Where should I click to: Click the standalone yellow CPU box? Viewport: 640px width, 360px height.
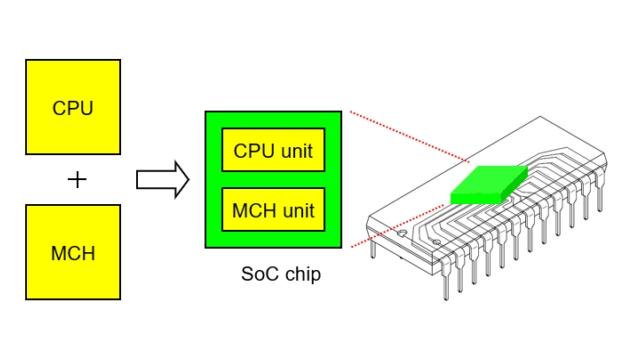coord(72,107)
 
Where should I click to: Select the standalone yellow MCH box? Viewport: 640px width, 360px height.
coord(72,252)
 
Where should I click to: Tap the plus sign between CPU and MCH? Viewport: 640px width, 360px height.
coord(76,180)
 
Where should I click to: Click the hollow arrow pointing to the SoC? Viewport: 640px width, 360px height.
coord(161,180)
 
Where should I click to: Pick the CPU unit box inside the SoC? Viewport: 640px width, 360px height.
coord(273,151)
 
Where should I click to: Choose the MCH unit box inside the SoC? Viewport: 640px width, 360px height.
coord(273,210)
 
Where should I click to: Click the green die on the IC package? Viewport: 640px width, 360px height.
coord(489,184)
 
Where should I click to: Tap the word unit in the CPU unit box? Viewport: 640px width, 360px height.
coord(297,151)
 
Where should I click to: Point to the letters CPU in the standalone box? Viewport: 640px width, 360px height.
coord(72,107)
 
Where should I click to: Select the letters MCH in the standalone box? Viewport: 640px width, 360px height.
coord(72,252)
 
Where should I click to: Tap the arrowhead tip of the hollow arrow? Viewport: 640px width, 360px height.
coord(188,180)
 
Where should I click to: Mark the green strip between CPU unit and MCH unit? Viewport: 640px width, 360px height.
coord(273,180)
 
